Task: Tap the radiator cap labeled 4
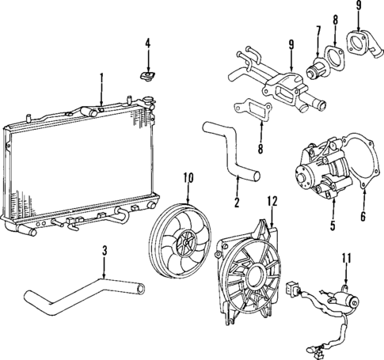(146, 76)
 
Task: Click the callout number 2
(235, 203)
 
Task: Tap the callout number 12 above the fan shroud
(274, 201)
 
